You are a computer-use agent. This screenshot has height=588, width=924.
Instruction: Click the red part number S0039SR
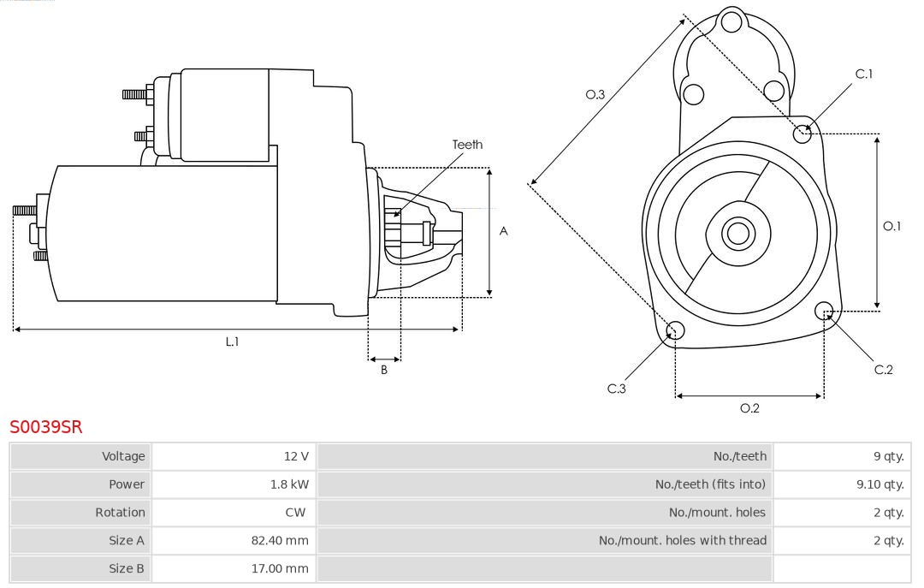point(45,426)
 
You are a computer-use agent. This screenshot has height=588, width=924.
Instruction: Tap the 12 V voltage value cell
point(297,456)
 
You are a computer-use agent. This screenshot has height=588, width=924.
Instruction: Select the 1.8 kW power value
point(289,484)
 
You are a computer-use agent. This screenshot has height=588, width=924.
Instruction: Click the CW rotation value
point(299,513)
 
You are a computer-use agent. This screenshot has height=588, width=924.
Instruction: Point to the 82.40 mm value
point(281,540)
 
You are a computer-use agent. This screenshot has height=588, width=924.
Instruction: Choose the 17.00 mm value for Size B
point(281,568)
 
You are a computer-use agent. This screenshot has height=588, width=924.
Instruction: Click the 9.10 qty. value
point(880,484)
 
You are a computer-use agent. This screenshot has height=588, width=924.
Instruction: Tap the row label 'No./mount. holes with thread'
point(682,540)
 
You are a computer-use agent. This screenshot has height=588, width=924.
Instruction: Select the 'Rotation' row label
point(120,513)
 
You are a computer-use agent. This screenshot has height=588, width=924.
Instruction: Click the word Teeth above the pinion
point(467,145)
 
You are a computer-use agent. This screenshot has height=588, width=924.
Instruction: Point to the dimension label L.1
point(232,342)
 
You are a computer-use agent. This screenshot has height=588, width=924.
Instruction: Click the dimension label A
point(504,231)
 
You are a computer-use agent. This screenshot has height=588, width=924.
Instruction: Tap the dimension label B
point(384,371)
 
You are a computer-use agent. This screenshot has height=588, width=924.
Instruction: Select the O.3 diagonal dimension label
point(595,95)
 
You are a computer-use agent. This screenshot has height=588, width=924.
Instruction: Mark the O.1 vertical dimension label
point(891,226)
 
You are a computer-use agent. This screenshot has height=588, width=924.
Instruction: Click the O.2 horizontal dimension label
point(749,408)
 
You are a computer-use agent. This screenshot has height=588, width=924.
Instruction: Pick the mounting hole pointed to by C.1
point(803,134)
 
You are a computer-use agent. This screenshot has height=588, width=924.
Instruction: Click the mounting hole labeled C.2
point(824,310)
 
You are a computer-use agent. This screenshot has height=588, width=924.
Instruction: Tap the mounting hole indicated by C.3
point(675,331)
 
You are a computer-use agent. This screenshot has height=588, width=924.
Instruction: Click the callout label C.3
point(617,389)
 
